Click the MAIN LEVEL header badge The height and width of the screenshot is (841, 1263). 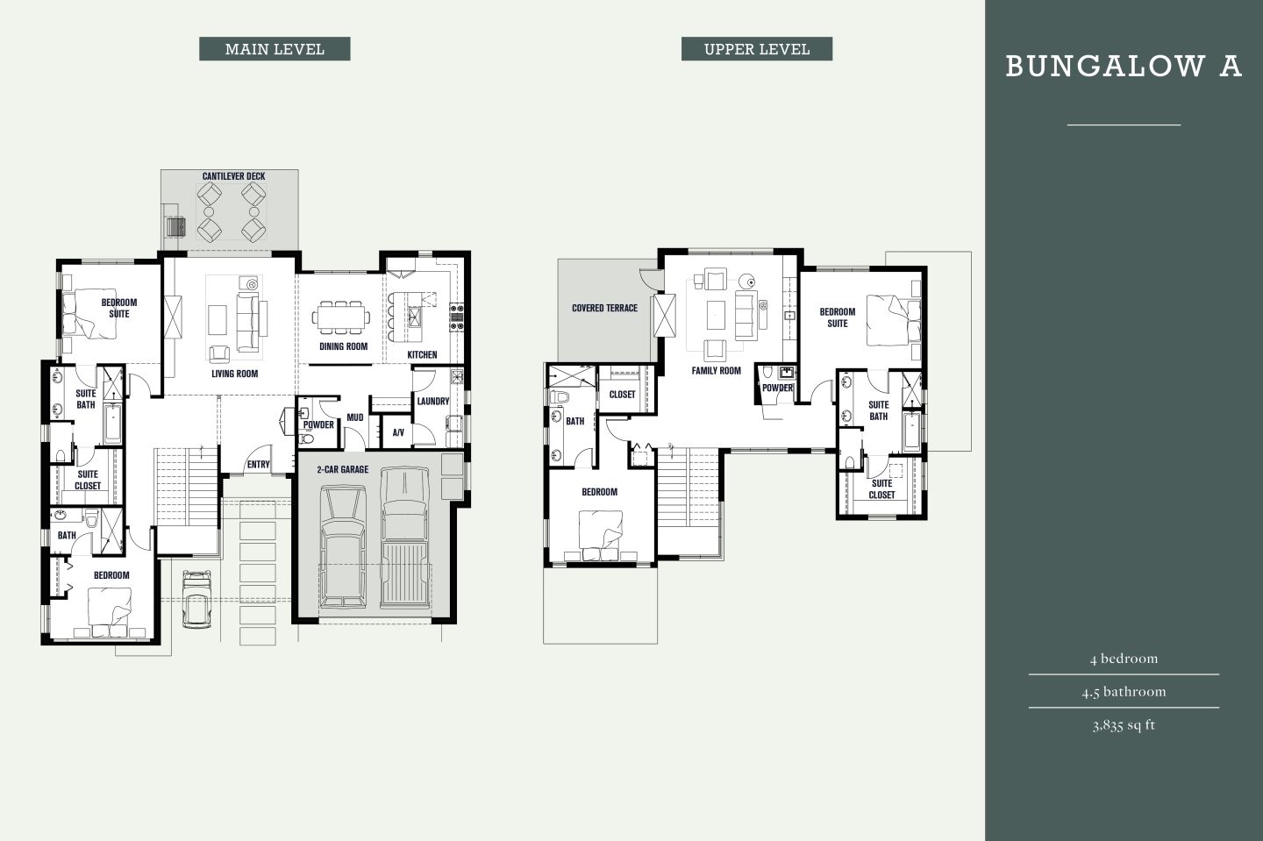[275, 49]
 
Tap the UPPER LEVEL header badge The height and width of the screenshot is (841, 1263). [756, 49]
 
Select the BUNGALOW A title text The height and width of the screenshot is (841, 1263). [1123, 67]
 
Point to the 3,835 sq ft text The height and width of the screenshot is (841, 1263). [1124, 725]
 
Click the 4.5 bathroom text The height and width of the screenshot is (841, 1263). [1124, 692]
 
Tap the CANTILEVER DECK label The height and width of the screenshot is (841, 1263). [233, 176]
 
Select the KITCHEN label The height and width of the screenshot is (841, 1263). [422, 355]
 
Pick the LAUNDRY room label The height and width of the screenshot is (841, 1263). [432, 402]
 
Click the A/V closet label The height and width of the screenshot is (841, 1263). [398, 432]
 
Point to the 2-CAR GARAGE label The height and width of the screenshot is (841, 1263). [342, 470]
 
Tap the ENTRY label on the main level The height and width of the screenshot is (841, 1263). [258, 465]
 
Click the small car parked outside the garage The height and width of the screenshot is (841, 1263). [196, 598]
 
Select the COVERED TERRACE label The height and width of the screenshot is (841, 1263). [604, 309]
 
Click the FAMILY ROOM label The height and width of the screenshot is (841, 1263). [716, 371]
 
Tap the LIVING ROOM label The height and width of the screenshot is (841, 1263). [234, 374]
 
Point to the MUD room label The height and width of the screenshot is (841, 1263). [355, 418]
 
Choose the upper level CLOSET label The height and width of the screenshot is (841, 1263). [622, 395]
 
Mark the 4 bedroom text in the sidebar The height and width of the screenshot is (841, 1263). [1124, 659]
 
